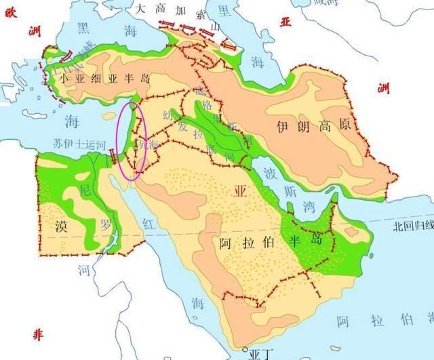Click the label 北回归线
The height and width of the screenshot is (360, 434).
click(x=413, y=226)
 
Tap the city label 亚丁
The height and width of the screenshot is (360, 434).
click(x=260, y=354)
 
